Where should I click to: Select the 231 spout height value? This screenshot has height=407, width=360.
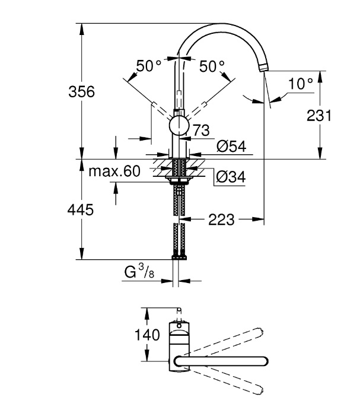(319, 116)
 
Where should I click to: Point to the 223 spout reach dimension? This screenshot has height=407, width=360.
(221, 220)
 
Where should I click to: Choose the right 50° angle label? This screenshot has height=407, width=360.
(212, 66)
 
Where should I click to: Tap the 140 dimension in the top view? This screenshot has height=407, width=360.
(146, 335)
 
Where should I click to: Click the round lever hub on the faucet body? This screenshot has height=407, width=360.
(179, 126)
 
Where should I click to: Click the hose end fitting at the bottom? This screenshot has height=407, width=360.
(179, 257)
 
